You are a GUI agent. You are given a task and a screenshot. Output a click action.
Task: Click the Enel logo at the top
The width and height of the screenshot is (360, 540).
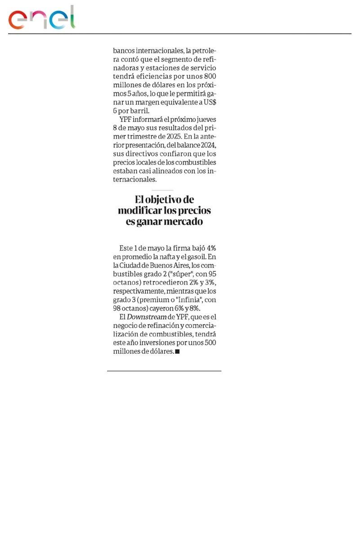42,18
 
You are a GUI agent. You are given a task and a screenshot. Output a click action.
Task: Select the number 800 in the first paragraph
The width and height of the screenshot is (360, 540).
209,76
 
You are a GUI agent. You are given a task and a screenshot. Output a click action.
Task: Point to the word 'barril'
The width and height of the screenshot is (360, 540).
140,111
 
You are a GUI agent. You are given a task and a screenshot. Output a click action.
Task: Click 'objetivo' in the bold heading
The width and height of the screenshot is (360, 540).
167,199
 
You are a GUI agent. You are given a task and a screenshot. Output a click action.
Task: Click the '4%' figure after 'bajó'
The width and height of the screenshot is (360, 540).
212,248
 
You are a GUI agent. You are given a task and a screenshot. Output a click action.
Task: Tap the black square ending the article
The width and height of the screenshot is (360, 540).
177,352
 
